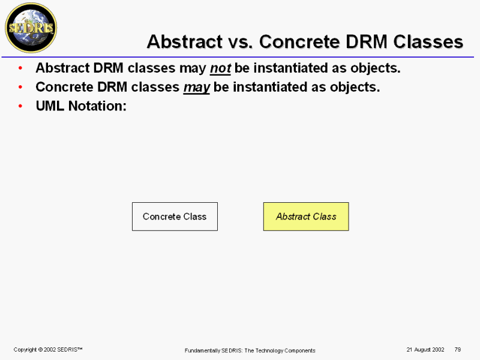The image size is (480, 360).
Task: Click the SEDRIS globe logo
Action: [31, 28]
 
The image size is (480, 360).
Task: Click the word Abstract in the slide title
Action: [185, 41]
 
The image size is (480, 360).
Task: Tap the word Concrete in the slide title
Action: [299, 41]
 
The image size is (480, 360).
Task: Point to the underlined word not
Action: [220, 68]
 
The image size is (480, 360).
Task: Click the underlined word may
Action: [197, 88]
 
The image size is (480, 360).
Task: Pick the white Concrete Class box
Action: [175, 217]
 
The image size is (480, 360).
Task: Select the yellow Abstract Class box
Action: [306, 217]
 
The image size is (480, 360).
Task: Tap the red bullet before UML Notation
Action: [20, 106]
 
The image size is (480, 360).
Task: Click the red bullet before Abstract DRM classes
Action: [20, 68]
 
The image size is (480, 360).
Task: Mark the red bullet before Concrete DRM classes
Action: [20, 87]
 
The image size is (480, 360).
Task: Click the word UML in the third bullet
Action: [50, 106]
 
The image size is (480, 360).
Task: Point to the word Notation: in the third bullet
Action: [97, 106]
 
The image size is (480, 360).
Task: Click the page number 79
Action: [458, 349]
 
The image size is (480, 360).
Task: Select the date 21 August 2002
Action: [425, 350]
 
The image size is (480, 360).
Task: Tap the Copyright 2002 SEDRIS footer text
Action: [48, 350]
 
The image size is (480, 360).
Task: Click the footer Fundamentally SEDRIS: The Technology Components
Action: [250, 350]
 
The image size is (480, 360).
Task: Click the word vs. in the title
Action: [241, 42]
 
